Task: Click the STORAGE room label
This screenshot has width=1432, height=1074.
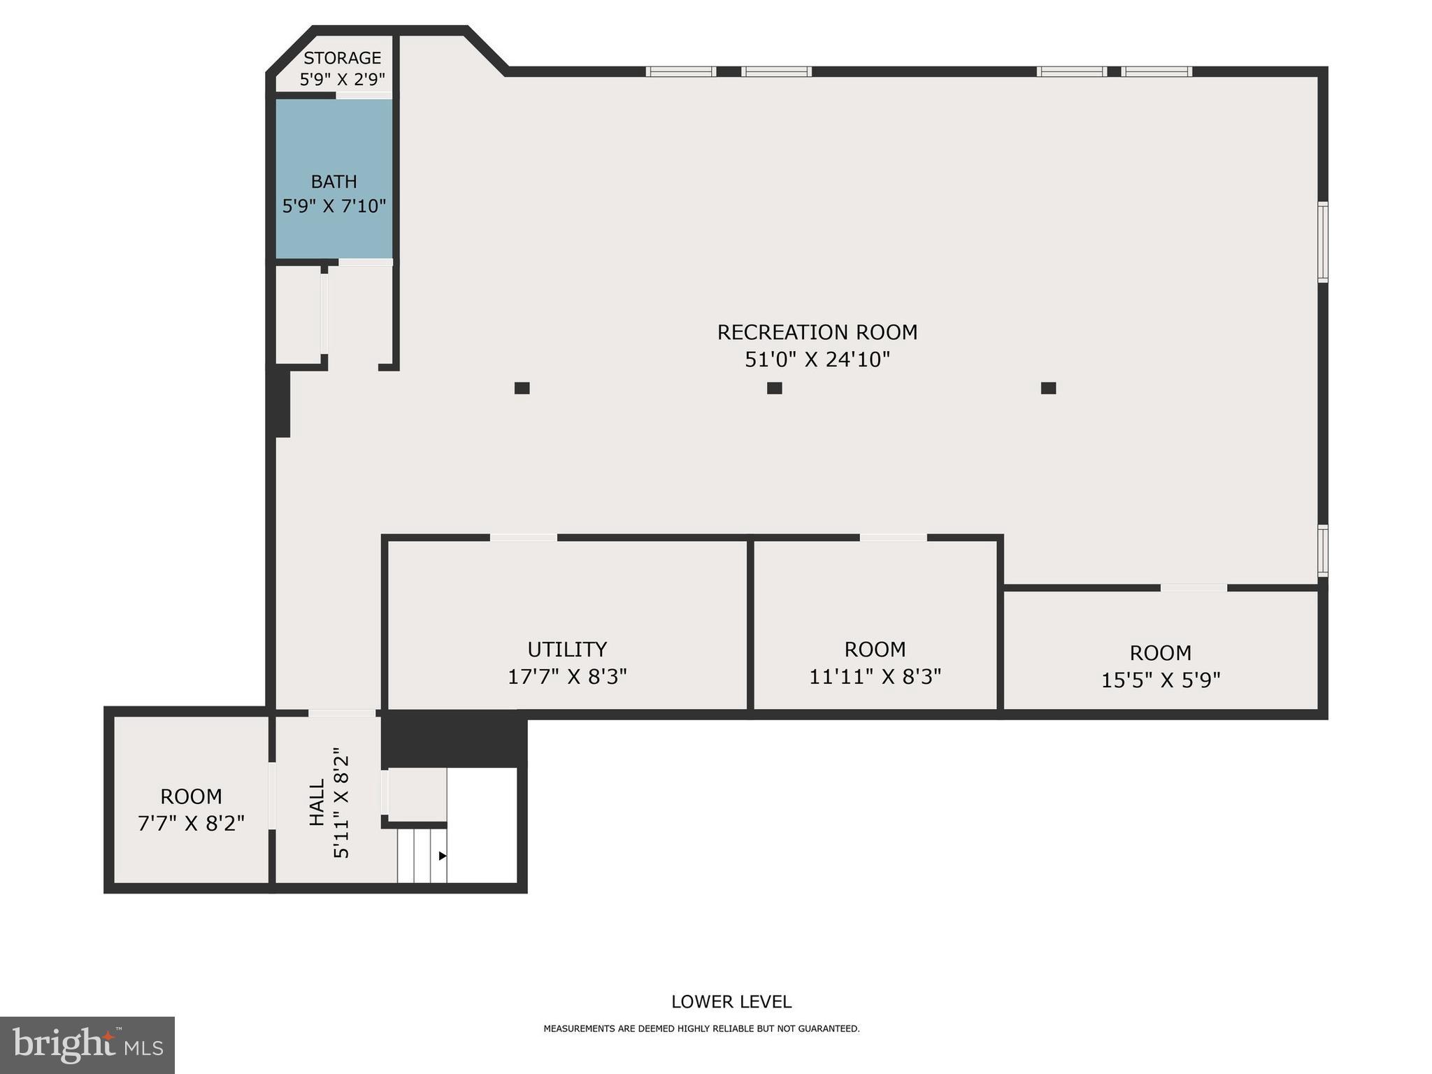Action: click(342, 58)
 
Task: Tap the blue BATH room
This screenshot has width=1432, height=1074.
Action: click(334, 178)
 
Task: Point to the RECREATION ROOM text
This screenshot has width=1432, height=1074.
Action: click(817, 332)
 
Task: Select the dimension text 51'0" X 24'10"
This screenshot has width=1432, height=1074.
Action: click(817, 359)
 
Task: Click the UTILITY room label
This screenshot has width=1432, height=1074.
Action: click(566, 650)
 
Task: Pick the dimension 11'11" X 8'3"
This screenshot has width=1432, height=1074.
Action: click(875, 677)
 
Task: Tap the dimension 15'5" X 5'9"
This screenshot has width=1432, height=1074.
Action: click(1160, 680)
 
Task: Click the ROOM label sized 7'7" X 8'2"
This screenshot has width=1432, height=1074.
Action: click(191, 796)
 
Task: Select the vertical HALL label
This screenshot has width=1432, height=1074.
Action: click(317, 803)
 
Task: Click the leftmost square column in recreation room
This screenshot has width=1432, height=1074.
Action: click(522, 388)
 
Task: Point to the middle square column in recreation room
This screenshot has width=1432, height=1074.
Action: click(774, 388)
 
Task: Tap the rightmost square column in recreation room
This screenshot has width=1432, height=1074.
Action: click(1048, 388)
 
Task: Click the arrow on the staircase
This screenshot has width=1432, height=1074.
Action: click(442, 856)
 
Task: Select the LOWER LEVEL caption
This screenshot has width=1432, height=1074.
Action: click(731, 1002)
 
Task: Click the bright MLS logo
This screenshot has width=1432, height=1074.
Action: click(87, 1045)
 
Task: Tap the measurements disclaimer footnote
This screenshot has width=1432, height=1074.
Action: click(701, 1029)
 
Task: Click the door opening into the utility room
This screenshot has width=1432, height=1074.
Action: click(523, 538)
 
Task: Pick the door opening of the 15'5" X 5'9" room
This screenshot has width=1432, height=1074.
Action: click(1194, 588)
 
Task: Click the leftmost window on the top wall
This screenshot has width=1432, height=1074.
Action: click(680, 71)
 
